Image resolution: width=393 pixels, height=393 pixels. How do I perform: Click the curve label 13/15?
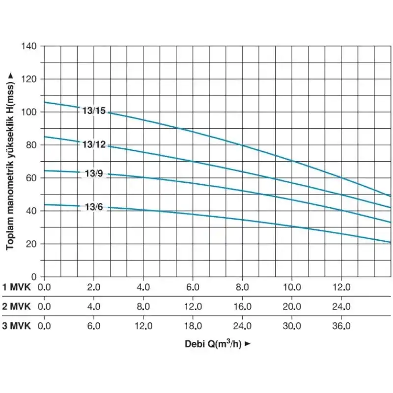[94, 111]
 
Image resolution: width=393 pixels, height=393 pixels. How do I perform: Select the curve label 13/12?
[94, 144]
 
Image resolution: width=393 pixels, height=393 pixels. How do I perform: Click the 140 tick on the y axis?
[30, 46]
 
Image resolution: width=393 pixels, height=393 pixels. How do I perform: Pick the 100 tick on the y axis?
[30, 112]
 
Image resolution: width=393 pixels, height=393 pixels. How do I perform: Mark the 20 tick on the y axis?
[32, 244]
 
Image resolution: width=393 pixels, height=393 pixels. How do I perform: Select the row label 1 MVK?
[17, 287]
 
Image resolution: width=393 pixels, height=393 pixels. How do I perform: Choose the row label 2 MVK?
[17, 307]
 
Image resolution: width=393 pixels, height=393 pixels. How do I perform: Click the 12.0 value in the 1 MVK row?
[341, 287]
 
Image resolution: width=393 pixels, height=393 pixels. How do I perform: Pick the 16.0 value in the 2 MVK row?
[243, 307]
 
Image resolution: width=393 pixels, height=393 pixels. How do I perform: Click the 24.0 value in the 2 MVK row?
[341, 307]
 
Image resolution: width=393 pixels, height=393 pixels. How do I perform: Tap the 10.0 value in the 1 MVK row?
[292, 287]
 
